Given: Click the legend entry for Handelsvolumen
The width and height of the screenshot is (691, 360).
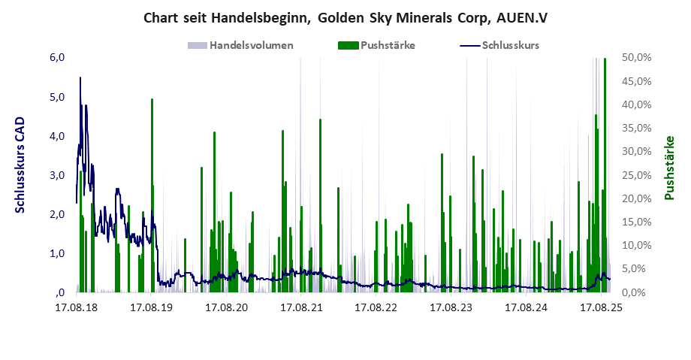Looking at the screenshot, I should (251, 45).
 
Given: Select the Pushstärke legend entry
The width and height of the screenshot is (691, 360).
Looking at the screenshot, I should (388, 45).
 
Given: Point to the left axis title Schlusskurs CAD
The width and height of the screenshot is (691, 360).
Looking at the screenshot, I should (20, 165).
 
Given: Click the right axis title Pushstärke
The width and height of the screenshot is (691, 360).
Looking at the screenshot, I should (668, 168).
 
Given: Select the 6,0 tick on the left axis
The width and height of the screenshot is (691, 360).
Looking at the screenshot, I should (58, 58).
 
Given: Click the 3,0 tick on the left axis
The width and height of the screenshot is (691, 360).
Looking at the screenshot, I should (58, 175).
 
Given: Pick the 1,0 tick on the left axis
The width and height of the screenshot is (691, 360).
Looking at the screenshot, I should (58, 253).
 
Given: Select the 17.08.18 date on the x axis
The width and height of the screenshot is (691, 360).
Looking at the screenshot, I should (77, 307).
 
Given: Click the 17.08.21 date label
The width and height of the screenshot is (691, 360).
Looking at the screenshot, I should (301, 307).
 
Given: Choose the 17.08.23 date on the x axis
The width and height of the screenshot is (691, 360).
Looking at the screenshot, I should (451, 307).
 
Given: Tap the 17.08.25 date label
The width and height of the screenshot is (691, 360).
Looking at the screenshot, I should (602, 307).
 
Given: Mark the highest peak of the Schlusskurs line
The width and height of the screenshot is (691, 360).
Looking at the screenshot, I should (80, 77).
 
